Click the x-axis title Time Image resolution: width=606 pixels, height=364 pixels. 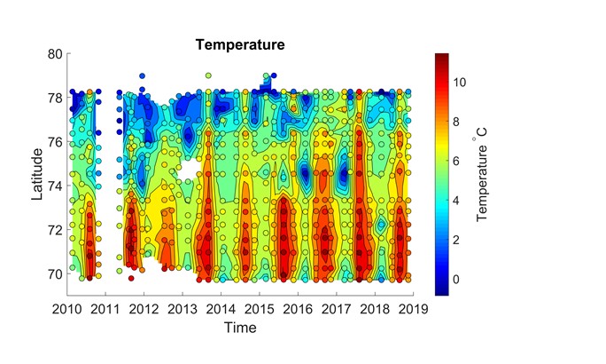[239, 327]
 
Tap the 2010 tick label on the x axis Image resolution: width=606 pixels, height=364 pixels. [66, 309]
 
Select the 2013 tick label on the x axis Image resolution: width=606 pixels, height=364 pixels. [182, 309]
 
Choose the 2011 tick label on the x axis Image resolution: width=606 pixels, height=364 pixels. [105, 309]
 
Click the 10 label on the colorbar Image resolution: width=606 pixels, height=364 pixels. [462, 83]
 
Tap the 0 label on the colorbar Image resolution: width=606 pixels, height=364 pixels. [459, 280]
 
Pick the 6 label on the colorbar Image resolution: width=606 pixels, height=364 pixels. [459, 162]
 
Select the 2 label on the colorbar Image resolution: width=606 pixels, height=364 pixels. [459, 241]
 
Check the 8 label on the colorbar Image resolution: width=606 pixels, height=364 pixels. [459, 123]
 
